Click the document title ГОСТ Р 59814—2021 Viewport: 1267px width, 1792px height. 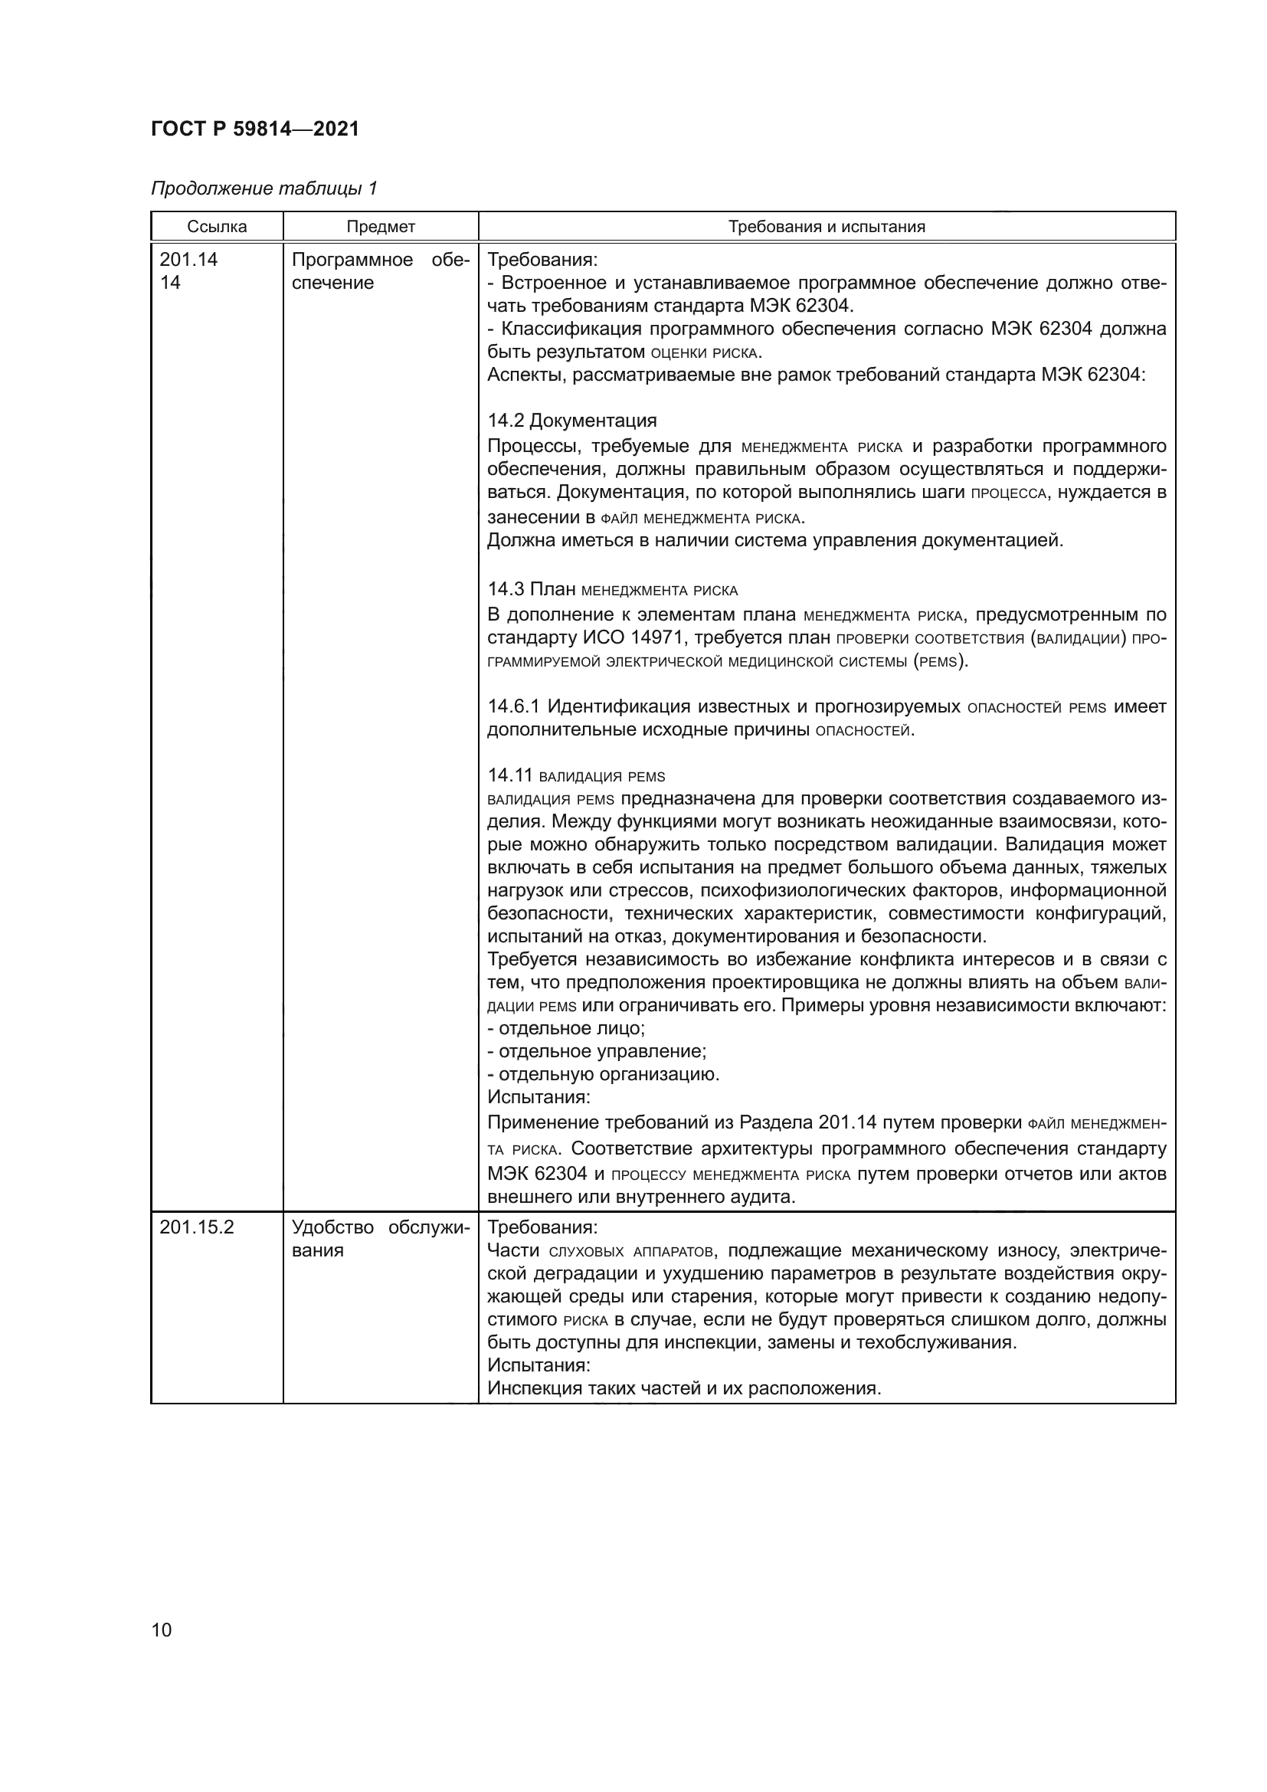(255, 129)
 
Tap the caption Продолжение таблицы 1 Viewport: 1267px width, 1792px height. (264, 188)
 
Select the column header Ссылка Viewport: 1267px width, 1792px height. (217, 227)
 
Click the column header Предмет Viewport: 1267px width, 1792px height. (381, 227)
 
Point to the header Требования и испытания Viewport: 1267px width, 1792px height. (827, 227)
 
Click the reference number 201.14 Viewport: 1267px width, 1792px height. (188, 260)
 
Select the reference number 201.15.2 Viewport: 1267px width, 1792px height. (197, 1227)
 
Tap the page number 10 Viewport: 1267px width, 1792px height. (162, 1630)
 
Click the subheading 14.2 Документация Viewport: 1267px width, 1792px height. (572, 421)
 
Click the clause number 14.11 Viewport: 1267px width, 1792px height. (509, 775)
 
